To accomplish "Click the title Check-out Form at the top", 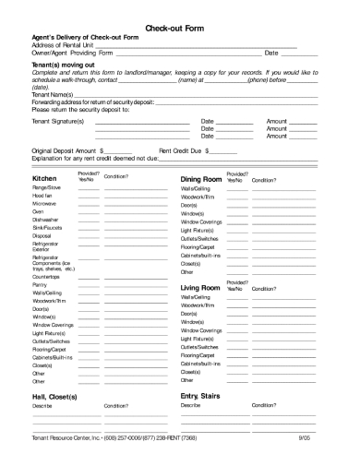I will [x=179, y=28].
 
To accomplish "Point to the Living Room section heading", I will [x=200, y=289].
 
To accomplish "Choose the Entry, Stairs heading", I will [x=202, y=395].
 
